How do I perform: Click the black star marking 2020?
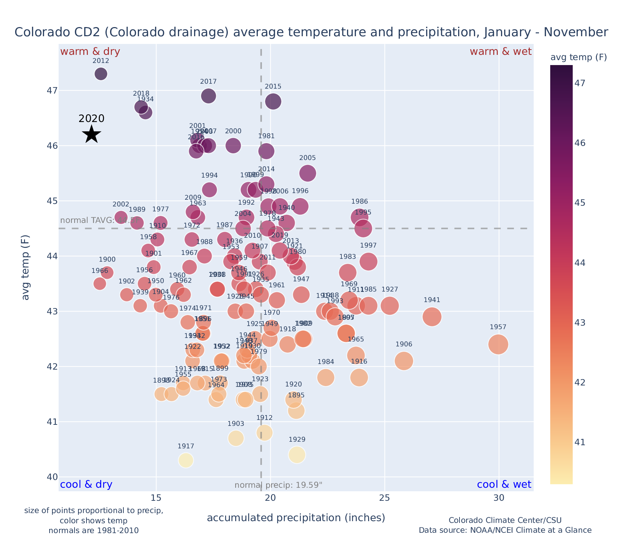pos(91,134)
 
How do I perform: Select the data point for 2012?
pos(101,74)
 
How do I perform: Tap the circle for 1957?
pos(498,344)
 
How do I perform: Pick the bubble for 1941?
pos(432,317)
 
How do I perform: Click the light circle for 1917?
pos(186,460)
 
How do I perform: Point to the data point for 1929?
pos(297,455)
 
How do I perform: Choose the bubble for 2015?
pos(273,102)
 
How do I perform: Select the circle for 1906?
pos(404,361)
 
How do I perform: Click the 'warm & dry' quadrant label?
pos(90,52)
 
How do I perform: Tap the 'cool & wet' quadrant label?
pos(504,485)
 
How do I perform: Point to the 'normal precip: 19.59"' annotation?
pos(278,485)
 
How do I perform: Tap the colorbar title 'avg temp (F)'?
pos(578,57)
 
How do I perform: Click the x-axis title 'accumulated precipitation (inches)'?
pos(296,518)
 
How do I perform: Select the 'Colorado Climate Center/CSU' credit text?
pos(505,520)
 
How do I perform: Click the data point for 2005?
pos(308,173)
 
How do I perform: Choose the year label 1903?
pos(236,424)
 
